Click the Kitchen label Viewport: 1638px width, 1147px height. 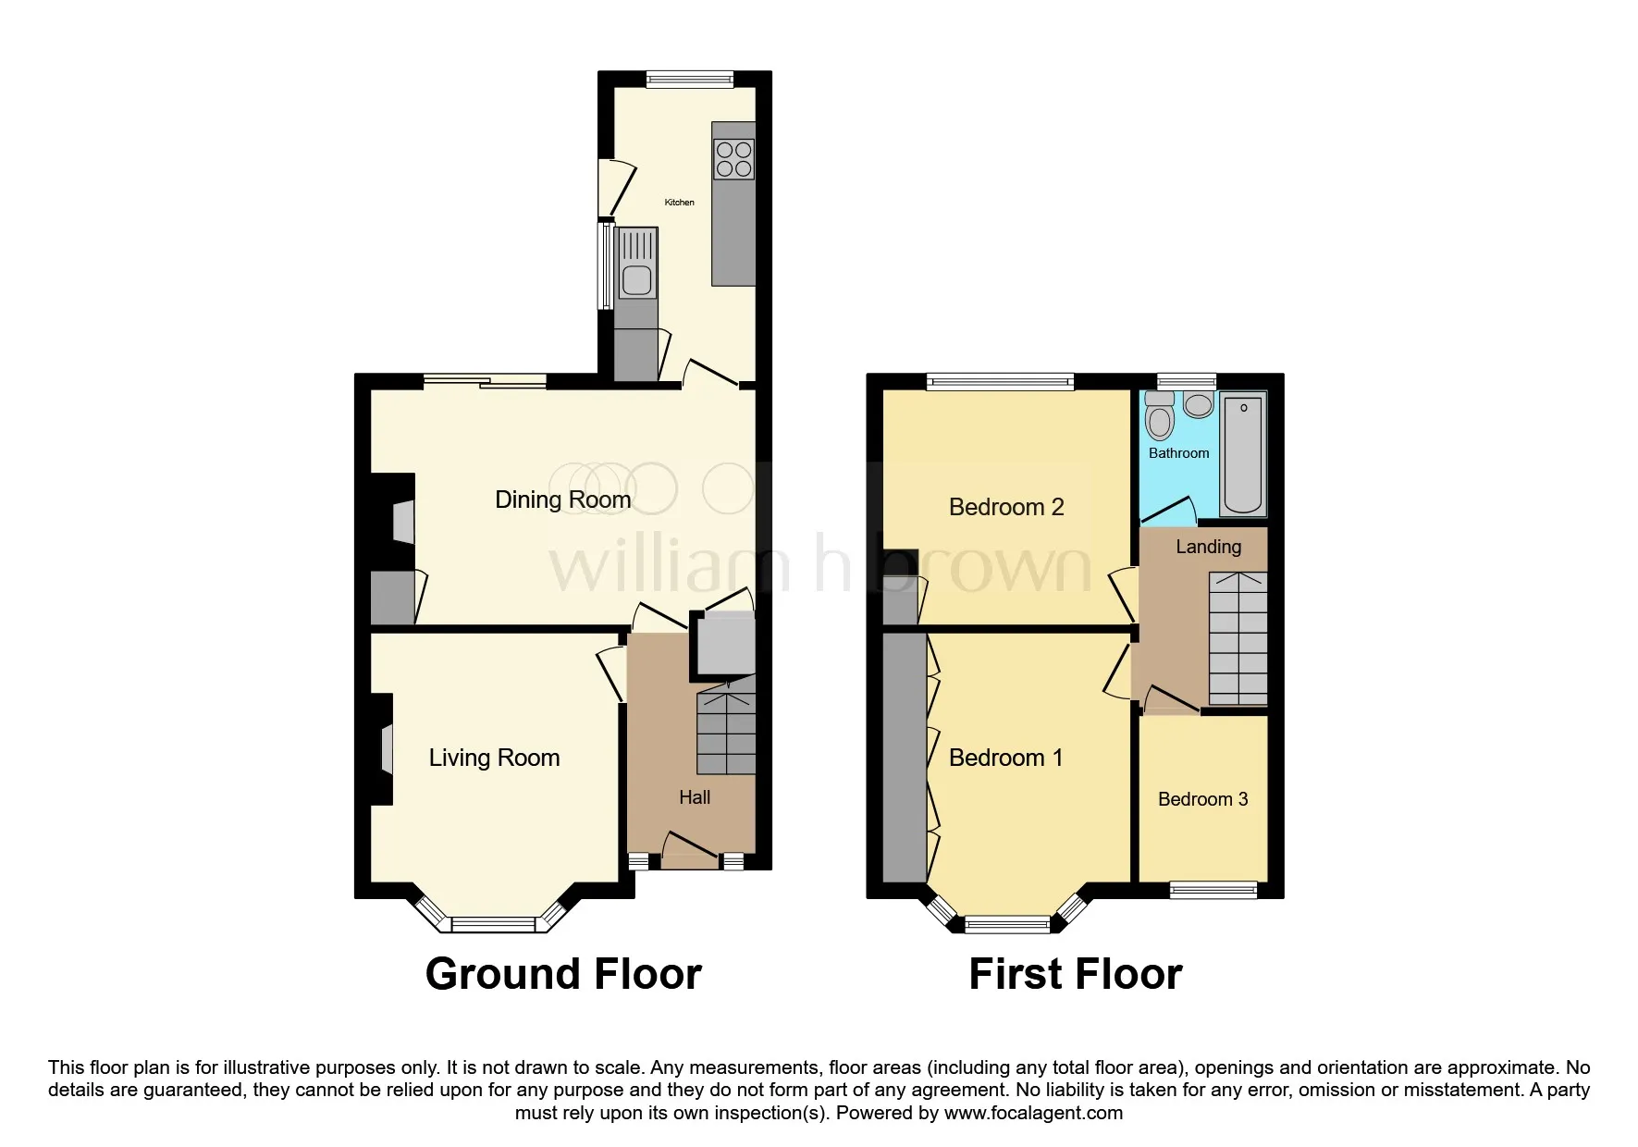coord(679,202)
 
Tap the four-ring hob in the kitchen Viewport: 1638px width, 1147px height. coord(733,159)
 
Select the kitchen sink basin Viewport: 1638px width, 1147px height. coord(636,280)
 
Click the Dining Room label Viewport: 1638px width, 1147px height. coord(562,499)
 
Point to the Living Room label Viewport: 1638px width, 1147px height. coord(494,758)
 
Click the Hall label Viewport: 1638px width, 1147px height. coord(695,797)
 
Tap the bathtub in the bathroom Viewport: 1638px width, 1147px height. coord(1244,453)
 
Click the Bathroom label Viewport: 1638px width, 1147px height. coord(1178,453)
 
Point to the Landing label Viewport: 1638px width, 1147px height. coord(1208,547)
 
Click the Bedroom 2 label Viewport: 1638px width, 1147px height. coord(1006,507)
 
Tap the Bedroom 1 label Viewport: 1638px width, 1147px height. coord(1005,758)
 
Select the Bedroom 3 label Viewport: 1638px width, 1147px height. coord(1202,799)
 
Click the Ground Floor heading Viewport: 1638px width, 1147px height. coord(563,974)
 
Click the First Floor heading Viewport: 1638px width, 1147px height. coord(1076,974)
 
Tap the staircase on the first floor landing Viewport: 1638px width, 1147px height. coord(1238,638)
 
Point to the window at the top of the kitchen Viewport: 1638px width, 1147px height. coord(690,80)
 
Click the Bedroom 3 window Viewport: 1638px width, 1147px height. coord(1213,890)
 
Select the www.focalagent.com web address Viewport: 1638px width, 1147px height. coord(1033,1113)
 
